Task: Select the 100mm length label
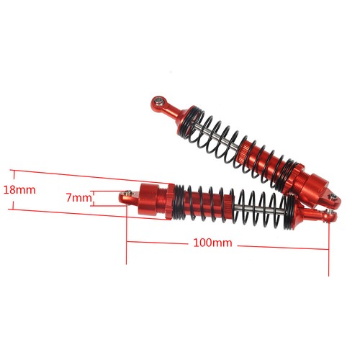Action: tap(212, 243)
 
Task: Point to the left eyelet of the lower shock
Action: tap(127, 194)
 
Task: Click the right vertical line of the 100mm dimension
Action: tap(328, 245)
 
